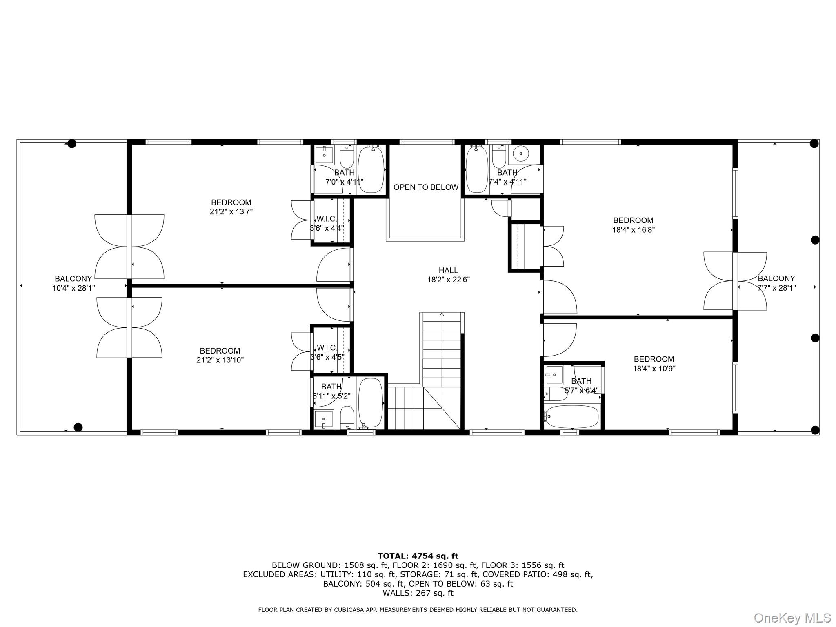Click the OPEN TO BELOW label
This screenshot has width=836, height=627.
(x=426, y=187)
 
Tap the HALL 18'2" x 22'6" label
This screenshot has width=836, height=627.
(x=448, y=275)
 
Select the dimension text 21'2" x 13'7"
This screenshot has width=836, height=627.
(x=231, y=212)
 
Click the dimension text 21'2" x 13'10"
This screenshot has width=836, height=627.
(x=220, y=360)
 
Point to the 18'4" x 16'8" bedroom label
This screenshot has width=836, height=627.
(x=633, y=225)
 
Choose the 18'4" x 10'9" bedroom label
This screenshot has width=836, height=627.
(x=654, y=364)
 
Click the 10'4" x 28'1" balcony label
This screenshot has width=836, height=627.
(x=73, y=283)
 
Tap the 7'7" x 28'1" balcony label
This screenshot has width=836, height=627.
(x=776, y=283)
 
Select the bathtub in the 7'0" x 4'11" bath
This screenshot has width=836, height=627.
(x=371, y=169)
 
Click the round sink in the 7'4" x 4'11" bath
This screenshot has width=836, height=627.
(x=520, y=154)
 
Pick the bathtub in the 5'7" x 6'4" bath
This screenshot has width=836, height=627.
(x=572, y=416)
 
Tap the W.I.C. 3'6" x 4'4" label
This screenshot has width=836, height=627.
(x=327, y=224)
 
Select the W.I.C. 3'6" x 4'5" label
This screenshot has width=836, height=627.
(x=327, y=352)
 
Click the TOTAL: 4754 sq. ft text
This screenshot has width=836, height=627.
(x=418, y=556)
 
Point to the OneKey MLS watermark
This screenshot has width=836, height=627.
(x=792, y=618)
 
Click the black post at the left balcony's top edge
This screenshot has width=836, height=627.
(x=71, y=143)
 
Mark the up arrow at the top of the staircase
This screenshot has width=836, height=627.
(x=442, y=314)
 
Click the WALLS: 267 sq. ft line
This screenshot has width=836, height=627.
(x=418, y=593)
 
